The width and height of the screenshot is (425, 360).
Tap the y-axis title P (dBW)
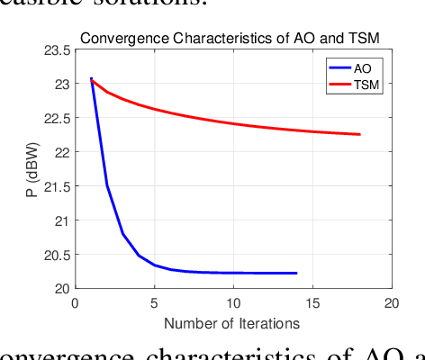point(32,169)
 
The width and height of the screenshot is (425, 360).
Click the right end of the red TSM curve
point(359,134)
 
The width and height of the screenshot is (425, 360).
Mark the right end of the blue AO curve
point(296,273)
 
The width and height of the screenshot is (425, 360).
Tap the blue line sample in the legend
point(339,67)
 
